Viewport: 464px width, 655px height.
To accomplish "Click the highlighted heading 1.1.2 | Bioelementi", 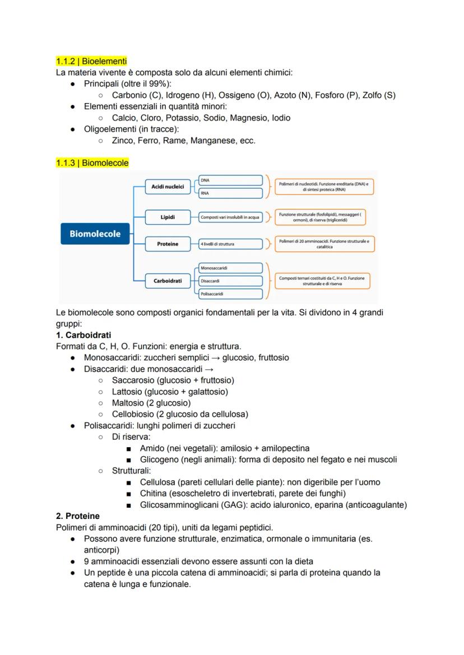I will pos(91,61).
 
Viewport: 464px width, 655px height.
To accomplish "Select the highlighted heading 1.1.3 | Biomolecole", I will pos(92,163).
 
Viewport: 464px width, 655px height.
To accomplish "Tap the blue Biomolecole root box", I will pos(95,234).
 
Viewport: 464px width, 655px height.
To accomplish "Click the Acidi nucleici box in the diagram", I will pos(168,187).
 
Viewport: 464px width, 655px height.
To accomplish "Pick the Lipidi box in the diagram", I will pos(168,217).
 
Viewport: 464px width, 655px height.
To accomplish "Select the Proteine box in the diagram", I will pos(168,244).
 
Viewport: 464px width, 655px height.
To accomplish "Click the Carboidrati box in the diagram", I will pos(168,281).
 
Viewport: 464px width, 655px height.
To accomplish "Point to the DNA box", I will pos(230,180).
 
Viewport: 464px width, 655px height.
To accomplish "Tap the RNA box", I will pos(230,193).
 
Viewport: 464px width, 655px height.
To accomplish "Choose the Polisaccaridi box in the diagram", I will pos(230,294).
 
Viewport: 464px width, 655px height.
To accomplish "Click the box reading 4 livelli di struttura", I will pos(230,244).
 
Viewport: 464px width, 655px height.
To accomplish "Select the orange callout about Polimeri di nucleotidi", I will pos(324,187).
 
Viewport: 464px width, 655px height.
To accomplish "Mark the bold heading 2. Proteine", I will pos(78,516).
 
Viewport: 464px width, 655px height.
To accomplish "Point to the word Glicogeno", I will pos(160,459).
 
